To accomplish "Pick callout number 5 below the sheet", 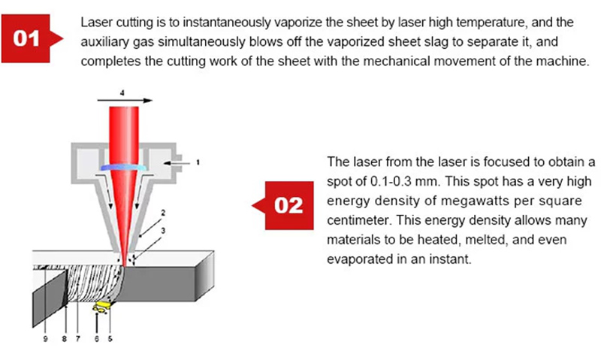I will [110, 339].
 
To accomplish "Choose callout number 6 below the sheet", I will [97, 339].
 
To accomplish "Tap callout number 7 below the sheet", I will [78, 339].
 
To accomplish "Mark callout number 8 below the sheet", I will [65, 339].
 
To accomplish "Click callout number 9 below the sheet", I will [45, 339].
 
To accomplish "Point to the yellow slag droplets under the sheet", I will [101, 307].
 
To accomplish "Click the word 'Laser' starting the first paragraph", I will [95, 20].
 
